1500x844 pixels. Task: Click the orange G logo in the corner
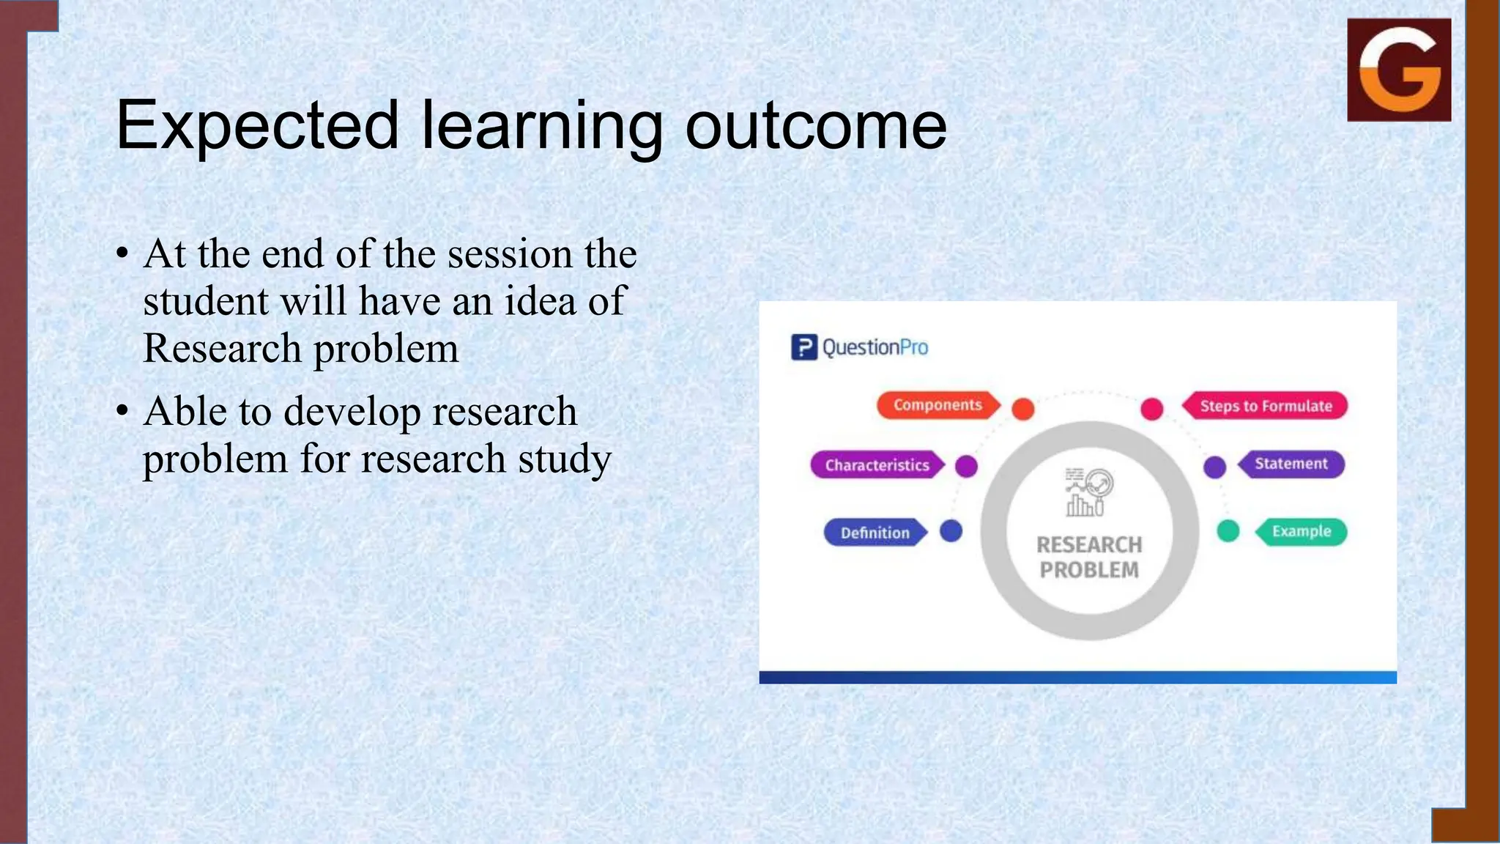tap(1399, 70)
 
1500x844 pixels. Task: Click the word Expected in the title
tap(257, 125)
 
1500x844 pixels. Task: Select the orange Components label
tap(937, 405)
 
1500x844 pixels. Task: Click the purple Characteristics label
tap(877, 465)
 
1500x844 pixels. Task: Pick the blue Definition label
tap(875, 533)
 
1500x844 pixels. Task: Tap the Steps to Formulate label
tap(1265, 406)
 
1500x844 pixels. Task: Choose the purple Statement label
tap(1291, 464)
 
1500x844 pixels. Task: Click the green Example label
tap(1301, 531)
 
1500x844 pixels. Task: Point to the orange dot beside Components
tap(1022, 409)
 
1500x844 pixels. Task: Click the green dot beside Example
tap(1228, 531)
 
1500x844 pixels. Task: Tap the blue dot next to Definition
tap(951, 531)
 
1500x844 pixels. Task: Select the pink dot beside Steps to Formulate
tap(1152, 409)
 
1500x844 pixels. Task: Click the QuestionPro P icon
tap(803, 347)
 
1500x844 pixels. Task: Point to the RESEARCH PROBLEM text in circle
tap(1089, 558)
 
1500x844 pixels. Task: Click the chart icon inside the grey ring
tap(1088, 492)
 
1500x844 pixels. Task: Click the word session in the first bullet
tap(510, 254)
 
